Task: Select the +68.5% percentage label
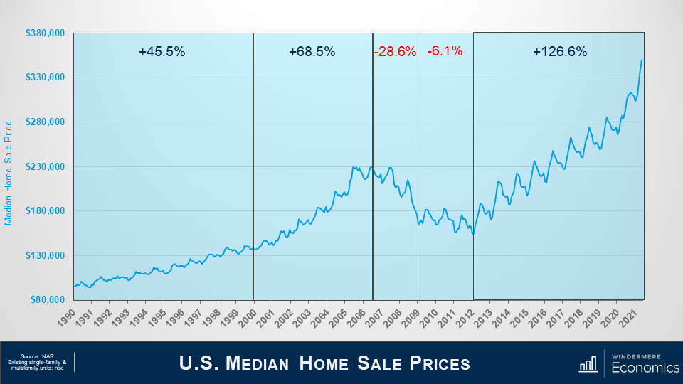pos(312,52)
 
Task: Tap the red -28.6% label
pos(395,52)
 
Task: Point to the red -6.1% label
pos(445,51)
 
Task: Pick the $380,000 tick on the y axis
pos(46,33)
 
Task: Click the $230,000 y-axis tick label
pos(46,166)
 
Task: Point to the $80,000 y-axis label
pos(48,300)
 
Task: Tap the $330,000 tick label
pos(46,78)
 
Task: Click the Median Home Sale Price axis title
pos(9,173)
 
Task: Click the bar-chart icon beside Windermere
pos(588,364)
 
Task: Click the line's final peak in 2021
pos(642,60)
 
